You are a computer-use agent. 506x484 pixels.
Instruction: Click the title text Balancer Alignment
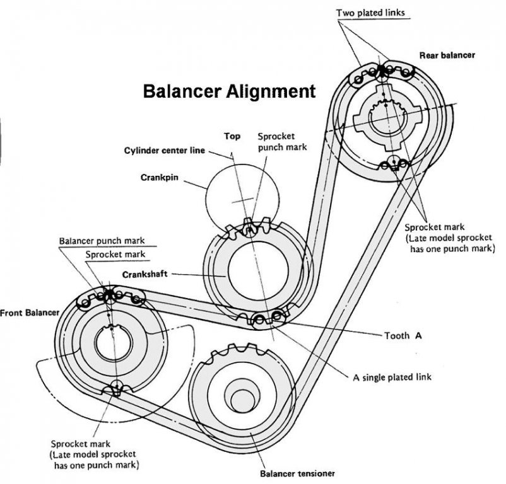tap(229, 91)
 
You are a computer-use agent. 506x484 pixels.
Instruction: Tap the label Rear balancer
tap(447, 55)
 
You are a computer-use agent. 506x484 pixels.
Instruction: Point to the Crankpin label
tap(157, 177)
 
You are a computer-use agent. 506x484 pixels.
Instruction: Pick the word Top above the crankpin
tap(233, 135)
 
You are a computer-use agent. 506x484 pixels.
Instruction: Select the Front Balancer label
tap(30, 312)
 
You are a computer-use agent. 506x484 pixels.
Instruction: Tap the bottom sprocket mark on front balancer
tap(117, 388)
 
